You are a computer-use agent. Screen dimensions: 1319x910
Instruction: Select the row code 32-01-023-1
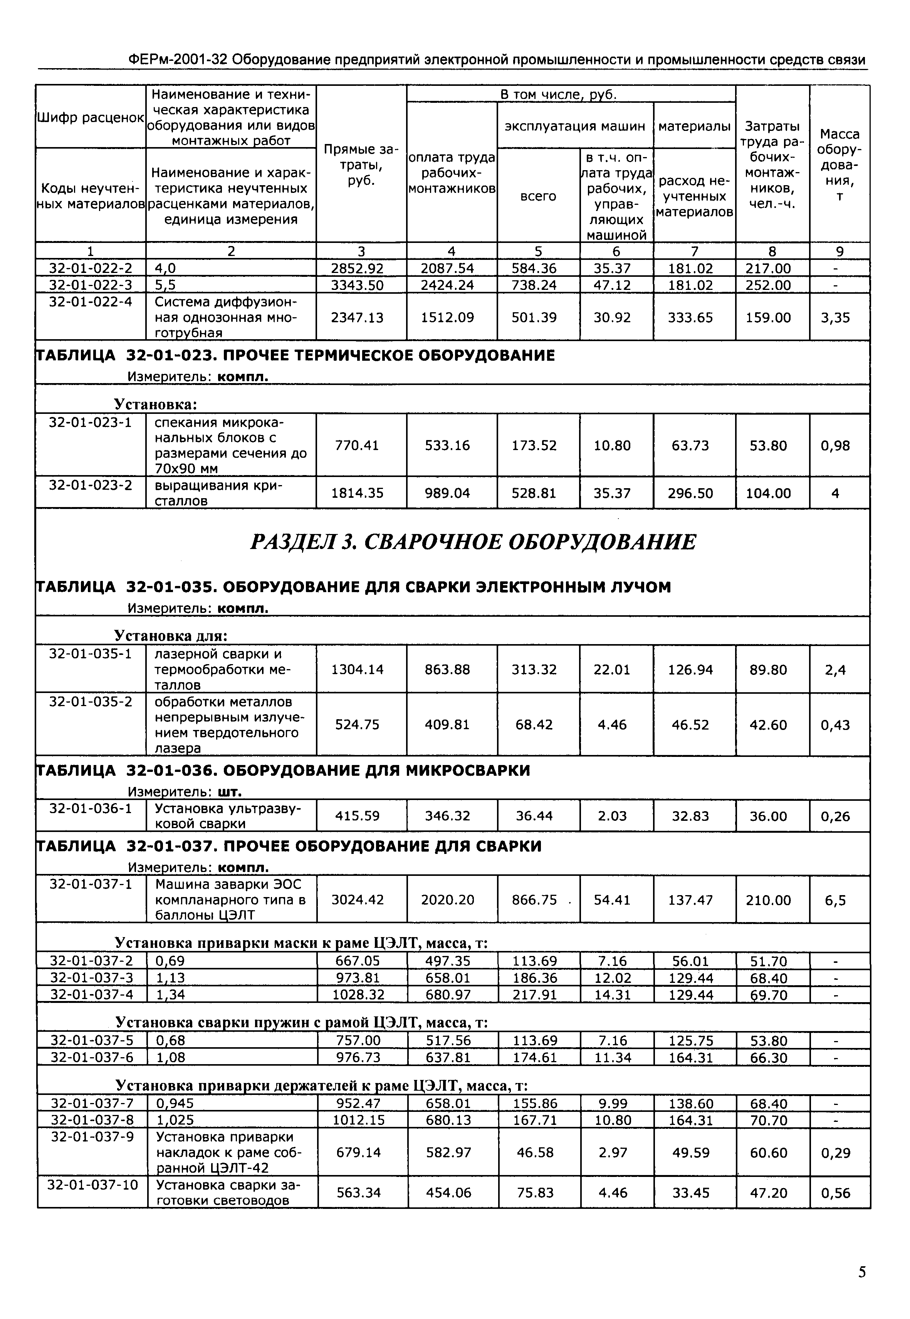(x=90, y=422)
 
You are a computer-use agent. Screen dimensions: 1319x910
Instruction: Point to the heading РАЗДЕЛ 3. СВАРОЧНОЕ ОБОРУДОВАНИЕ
(x=473, y=541)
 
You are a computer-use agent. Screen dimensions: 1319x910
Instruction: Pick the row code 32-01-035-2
(x=90, y=701)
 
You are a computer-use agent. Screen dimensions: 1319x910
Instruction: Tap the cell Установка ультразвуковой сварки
(x=228, y=815)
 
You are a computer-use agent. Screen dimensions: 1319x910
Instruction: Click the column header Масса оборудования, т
(x=839, y=165)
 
